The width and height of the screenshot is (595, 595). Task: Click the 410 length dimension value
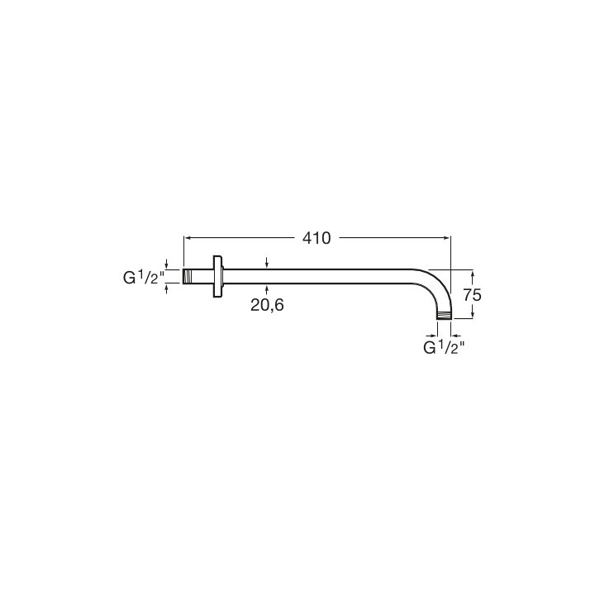coord(317,238)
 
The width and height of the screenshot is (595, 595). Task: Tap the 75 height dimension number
coord(472,295)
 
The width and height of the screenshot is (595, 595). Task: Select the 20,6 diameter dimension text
coord(267,305)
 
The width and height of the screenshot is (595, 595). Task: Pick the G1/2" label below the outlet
coord(444,347)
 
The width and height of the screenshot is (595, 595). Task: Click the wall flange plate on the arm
coord(218,276)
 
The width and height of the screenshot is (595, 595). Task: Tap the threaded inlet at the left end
coord(186,276)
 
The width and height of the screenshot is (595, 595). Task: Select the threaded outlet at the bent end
coord(444,316)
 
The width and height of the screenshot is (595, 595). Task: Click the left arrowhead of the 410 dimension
coord(187,238)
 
